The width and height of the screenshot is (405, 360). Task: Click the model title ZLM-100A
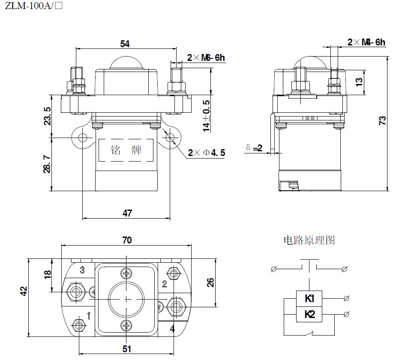30,7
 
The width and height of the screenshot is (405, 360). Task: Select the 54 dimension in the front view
125,44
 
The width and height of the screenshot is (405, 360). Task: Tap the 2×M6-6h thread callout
206,58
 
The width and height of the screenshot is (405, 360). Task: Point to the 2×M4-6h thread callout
366,42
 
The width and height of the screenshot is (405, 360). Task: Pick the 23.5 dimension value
48,116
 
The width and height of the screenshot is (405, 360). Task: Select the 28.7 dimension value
48,165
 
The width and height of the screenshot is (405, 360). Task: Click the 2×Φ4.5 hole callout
206,153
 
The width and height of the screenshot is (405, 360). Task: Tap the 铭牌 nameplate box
126,150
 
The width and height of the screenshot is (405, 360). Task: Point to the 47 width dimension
127,213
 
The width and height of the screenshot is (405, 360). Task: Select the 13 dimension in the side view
359,81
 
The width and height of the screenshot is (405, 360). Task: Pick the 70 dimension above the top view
127,240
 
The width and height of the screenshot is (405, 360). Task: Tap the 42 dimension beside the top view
24,291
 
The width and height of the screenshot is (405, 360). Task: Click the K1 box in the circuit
309,299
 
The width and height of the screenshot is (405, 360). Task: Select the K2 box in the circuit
309,315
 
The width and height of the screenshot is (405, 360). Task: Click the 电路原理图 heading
309,240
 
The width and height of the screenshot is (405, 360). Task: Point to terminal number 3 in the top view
82,270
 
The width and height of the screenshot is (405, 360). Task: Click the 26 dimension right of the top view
210,282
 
